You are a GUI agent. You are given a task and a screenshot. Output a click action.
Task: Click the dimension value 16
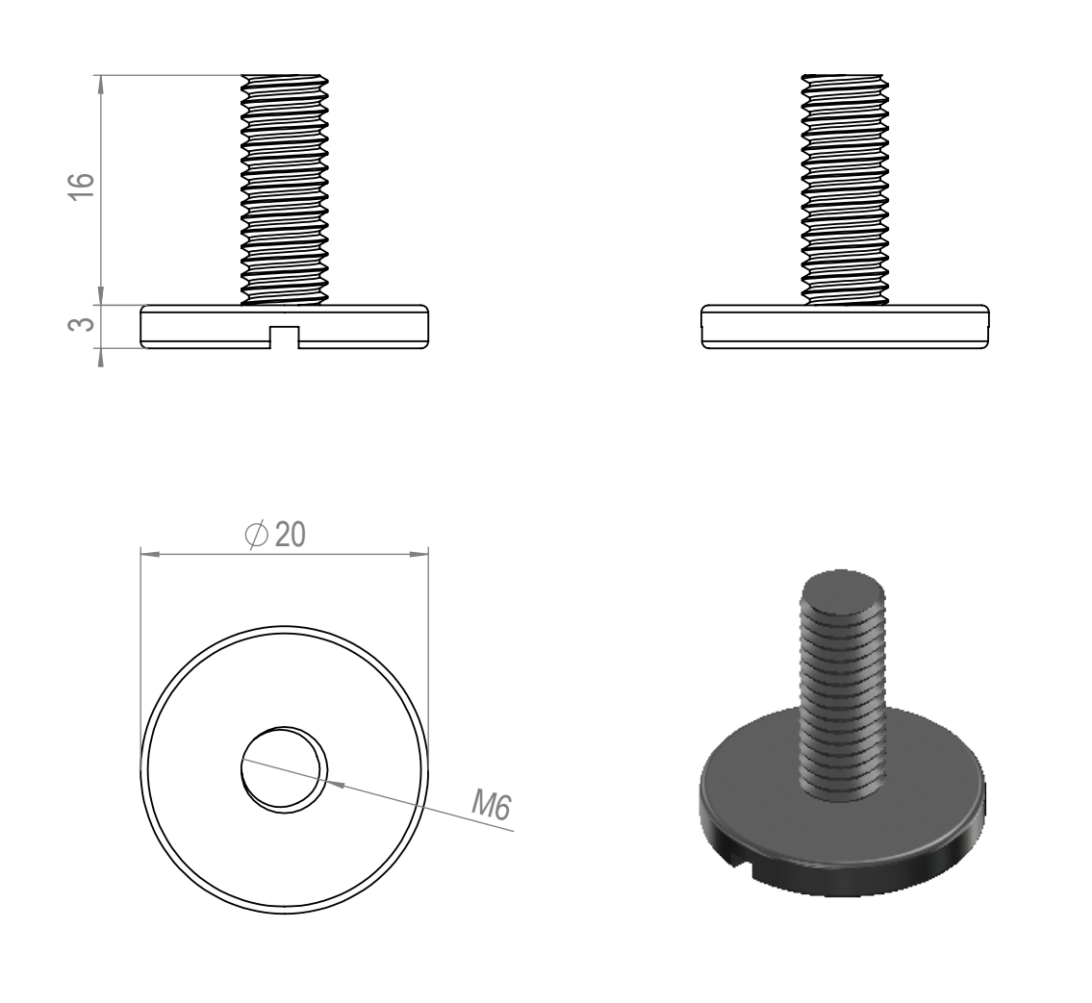[82, 186]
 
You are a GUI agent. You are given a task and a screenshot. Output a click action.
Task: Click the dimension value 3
[82, 324]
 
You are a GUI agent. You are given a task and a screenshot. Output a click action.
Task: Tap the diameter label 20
[291, 535]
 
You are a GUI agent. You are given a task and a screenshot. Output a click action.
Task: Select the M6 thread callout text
[492, 805]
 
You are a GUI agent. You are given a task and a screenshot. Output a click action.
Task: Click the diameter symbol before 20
[256, 535]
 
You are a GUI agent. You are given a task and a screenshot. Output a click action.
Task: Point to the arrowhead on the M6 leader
[335, 784]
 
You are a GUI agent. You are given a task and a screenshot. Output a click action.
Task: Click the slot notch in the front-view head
[284, 337]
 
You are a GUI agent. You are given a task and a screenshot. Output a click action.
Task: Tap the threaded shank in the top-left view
[284, 189]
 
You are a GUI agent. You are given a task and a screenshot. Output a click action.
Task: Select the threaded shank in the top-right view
[845, 189]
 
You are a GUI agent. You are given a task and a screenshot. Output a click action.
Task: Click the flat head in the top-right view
[845, 326]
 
